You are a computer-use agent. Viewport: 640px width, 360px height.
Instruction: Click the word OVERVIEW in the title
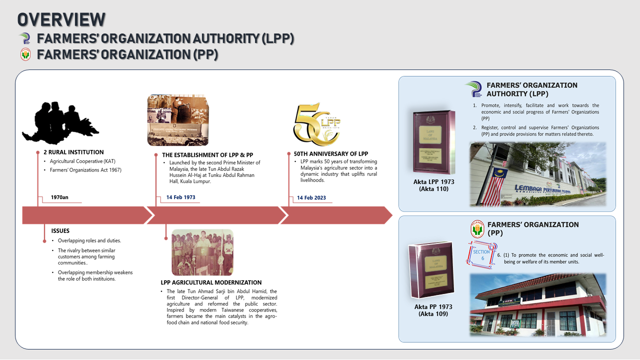[61, 19]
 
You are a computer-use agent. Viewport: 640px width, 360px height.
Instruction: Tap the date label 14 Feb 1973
[180, 197]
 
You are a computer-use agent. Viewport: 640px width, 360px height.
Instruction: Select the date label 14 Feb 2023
[311, 197]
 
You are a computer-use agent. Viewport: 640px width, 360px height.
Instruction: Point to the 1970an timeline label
[59, 197]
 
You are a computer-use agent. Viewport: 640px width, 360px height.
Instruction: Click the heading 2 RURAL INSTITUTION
[73, 152]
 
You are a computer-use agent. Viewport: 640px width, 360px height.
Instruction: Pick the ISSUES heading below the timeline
[60, 231]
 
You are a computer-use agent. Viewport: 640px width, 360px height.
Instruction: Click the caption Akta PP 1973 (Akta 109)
[430, 310]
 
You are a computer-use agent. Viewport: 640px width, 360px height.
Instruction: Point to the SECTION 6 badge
[482, 255]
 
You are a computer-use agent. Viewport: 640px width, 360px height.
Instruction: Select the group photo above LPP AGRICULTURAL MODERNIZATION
[202, 252]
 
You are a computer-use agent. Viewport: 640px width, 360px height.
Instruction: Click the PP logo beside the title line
[25, 54]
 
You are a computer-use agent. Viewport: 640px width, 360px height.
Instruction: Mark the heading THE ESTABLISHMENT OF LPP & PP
[207, 155]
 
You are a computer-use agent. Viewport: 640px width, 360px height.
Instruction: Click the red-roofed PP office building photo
[537, 305]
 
